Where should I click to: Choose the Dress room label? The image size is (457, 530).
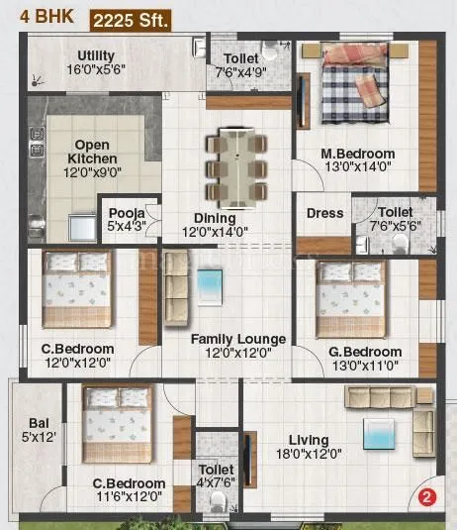tap(324, 213)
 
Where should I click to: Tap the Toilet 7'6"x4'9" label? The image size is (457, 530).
tap(241, 65)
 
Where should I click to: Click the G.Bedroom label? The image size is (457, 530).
tap(365, 359)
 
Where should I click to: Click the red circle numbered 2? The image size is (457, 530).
tap(426, 498)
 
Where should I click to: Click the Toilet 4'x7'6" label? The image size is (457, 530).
tap(216, 476)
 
